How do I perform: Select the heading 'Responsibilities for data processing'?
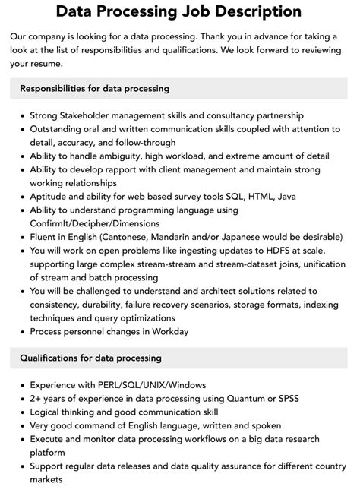tap(94, 88)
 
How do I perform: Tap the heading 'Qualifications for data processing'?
tap(90, 358)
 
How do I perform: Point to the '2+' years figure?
tap(36, 399)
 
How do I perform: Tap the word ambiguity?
tap(122, 156)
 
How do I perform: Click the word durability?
tap(109, 305)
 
